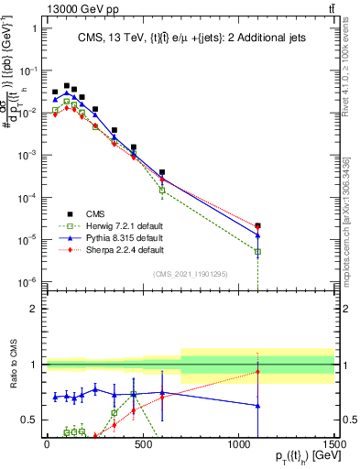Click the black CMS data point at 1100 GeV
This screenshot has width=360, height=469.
(257, 225)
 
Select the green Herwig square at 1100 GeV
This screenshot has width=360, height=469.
(257, 252)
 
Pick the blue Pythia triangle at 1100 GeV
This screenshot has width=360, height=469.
(257, 235)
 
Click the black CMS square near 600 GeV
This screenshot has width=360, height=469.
(162, 172)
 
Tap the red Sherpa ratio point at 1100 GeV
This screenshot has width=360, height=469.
(257, 371)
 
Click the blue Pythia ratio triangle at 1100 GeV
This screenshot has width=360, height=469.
(257, 405)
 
